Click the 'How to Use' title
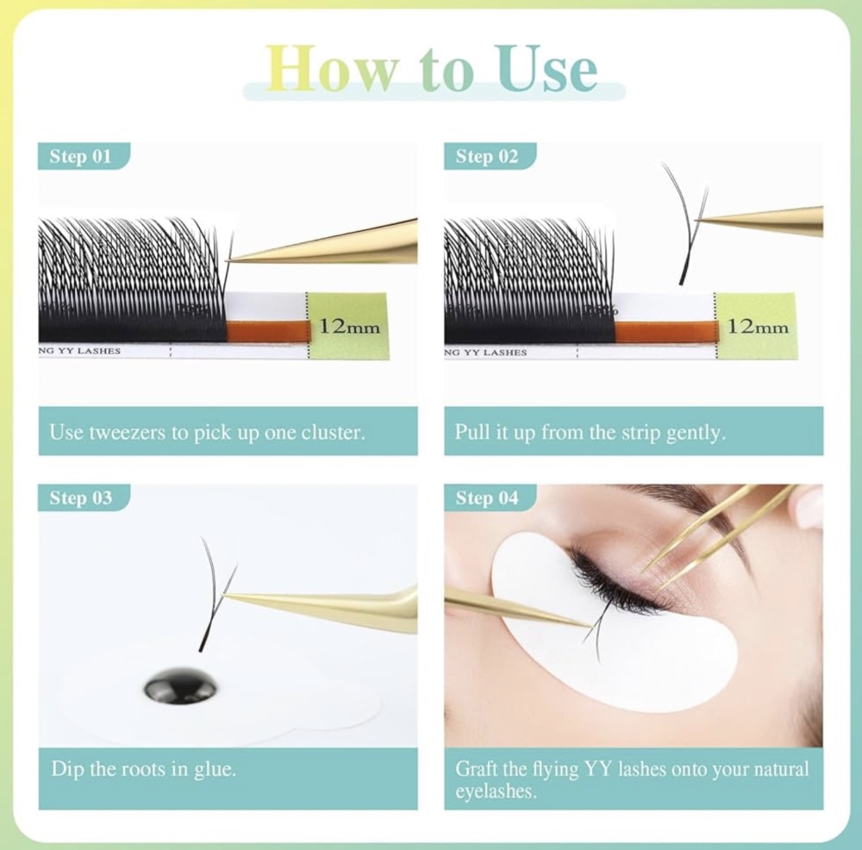(x=432, y=68)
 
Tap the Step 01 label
(x=80, y=156)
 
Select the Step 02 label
(x=486, y=156)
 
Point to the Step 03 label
(x=81, y=497)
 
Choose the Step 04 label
(x=486, y=497)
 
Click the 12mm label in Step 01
(x=349, y=327)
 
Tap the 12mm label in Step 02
(x=758, y=327)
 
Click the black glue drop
(x=180, y=686)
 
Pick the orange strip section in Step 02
(x=665, y=332)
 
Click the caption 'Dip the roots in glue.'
(x=143, y=768)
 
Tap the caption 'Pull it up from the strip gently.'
(x=590, y=432)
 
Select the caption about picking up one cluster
(x=207, y=432)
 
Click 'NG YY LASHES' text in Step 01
(x=79, y=351)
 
